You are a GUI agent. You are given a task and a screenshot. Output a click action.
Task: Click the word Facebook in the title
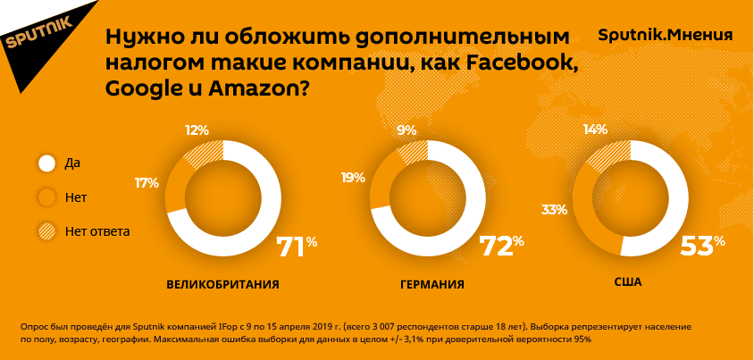coord(519,63)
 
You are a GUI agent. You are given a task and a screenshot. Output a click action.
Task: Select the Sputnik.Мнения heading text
coord(665,36)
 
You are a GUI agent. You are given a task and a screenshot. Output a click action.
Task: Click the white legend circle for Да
coord(46,163)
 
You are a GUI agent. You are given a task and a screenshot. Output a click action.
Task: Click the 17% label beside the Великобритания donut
coord(147,182)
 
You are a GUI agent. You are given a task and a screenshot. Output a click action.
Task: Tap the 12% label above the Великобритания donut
coord(197,130)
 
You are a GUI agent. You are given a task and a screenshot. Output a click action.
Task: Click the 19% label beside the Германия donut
coord(353,178)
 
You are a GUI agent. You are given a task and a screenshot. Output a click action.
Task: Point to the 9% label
coord(406,130)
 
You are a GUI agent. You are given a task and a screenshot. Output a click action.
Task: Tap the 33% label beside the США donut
coord(554,210)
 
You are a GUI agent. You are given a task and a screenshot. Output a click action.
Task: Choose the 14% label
coord(594,130)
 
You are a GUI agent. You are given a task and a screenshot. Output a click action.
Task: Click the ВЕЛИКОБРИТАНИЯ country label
coord(223,285)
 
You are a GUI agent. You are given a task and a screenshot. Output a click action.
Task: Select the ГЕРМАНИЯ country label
coord(431,285)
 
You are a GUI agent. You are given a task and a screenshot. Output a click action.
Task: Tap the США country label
coord(628,282)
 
